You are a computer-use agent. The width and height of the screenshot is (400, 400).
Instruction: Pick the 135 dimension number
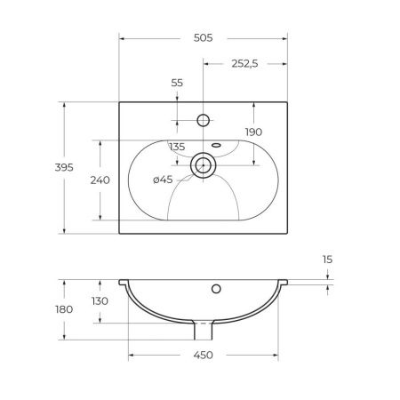click(x=176, y=147)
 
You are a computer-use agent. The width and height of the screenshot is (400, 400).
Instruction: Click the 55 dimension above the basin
click(x=176, y=82)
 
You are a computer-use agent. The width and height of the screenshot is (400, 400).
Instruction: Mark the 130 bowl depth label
click(x=100, y=300)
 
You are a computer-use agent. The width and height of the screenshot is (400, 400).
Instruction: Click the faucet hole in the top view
click(x=204, y=119)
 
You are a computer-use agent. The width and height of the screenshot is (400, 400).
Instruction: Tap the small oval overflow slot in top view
click(x=215, y=143)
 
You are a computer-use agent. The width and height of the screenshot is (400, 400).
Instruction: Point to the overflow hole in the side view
click(x=214, y=289)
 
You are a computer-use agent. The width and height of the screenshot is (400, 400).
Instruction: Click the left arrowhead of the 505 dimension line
click(x=123, y=39)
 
